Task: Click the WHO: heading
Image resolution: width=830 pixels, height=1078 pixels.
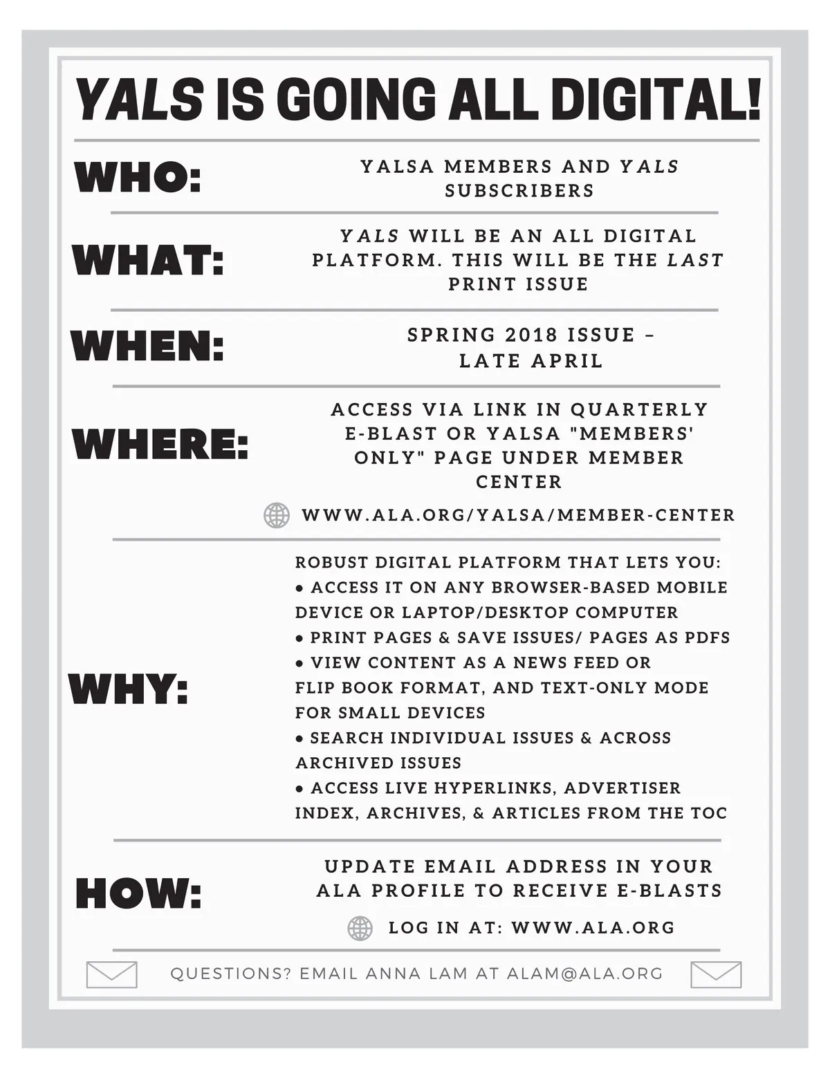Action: pyautogui.click(x=138, y=178)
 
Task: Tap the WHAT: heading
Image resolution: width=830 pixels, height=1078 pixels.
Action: pyautogui.click(x=149, y=261)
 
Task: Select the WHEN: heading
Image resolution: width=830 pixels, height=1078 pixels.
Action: pyautogui.click(x=148, y=345)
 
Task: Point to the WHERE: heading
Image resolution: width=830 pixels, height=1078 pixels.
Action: pyautogui.click(x=160, y=443)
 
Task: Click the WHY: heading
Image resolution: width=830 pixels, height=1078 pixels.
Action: pyautogui.click(x=129, y=689)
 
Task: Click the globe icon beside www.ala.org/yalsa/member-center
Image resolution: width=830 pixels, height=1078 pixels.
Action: pyautogui.click(x=277, y=515)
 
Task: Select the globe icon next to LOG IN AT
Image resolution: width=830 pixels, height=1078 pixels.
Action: pyautogui.click(x=360, y=928)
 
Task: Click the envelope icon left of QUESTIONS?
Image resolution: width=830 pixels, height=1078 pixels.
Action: pyautogui.click(x=111, y=974)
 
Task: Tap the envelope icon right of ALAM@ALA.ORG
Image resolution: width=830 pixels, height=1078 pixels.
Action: pyautogui.click(x=716, y=974)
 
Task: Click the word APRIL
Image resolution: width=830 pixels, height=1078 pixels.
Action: pyautogui.click(x=566, y=361)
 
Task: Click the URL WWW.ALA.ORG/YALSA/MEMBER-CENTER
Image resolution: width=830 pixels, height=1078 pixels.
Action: pyautogui.click(x=519, y=515)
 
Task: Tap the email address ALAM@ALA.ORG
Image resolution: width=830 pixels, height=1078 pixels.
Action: pyautogui.click(x=585, y=974)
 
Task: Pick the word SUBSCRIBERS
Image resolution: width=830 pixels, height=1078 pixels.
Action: pyautogui.click(x=519, y=191)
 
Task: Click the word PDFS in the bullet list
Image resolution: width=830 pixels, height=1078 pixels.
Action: pyautogui.click(x=707, y=638)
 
